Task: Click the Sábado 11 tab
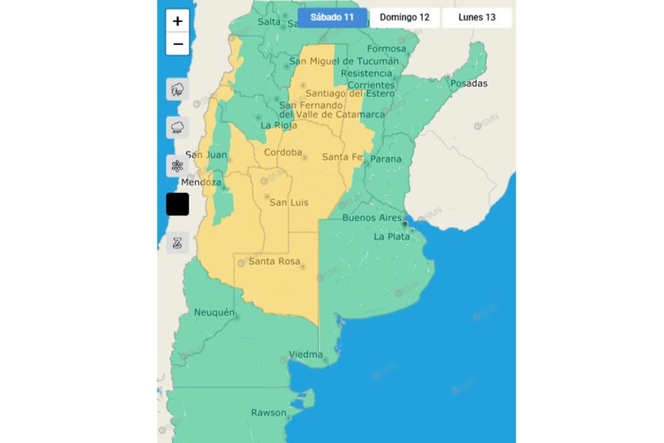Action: (332, 18)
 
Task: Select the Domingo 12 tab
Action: (405, 18)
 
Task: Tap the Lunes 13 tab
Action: (477, 18)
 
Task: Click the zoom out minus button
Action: (178, 44)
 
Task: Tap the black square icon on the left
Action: (178, 204)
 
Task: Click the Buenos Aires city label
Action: (372, 218)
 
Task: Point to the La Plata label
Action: (392, 237)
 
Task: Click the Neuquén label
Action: (213, 312)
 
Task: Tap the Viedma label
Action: (305, 355)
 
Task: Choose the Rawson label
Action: (269, 413)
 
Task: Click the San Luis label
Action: (288, 202)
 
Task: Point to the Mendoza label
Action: (201, 183)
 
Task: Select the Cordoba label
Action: (282, 152)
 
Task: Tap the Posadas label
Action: (469, 83)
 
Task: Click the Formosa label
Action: (387, 49)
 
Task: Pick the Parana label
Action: (385, 159)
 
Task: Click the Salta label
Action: (269, 22)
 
